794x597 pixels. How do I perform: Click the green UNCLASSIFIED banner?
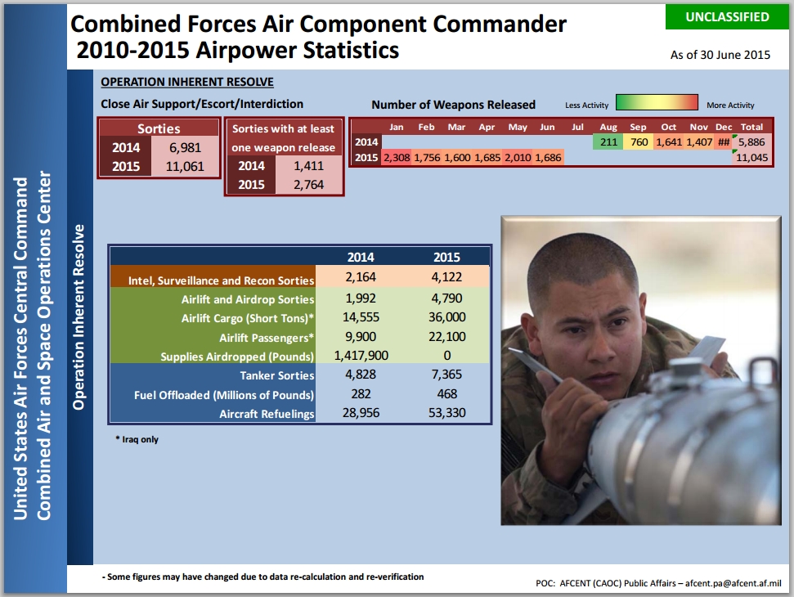[x=727, y=16]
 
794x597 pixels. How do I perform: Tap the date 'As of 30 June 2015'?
[x=720, y=55]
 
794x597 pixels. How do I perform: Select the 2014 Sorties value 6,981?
[x=185, y=147]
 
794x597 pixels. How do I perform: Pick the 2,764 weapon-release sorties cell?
[x=308, y=184]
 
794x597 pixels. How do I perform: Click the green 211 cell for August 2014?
[x=608, y=141]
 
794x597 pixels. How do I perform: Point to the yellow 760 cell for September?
[x=638, y=141]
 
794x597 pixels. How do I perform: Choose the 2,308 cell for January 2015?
[x=397, y=158]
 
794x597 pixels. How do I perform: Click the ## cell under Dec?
[x=724, y=141]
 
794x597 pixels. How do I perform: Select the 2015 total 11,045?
[x=751, y=158]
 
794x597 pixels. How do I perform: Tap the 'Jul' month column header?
[x=577, y=127]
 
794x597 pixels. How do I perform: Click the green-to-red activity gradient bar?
[x=657, y=102]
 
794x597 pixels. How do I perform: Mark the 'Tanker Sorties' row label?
[x=277, y=375]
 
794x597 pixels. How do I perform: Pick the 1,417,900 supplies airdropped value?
[x=361, y=356]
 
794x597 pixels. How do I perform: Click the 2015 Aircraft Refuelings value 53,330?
[x=446, y=413]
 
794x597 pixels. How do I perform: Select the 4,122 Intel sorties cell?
[x=446, y=277]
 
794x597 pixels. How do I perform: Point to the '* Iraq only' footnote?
[x=137, y=439]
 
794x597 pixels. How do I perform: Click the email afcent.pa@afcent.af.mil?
[x=733, y=583]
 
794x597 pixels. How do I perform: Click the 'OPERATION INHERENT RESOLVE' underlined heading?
[x=187, y=82]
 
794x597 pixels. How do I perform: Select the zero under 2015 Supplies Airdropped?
[x=447, y=356]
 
